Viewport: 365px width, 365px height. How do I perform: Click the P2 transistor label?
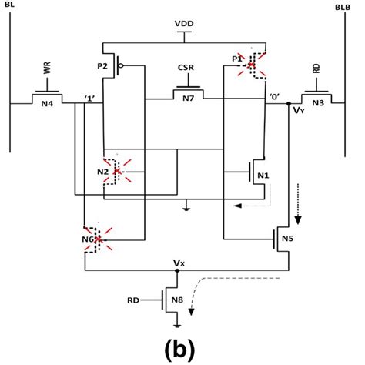point(104,65)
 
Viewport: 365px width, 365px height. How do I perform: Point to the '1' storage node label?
point(90,97)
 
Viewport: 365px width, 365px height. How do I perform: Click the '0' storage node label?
point(274,97)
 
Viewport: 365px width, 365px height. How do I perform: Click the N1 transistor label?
point(263,175)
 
